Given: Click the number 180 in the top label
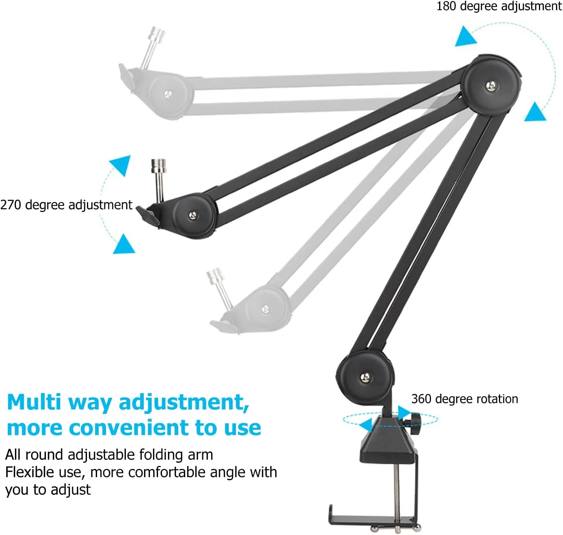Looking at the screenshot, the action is coord(446,6).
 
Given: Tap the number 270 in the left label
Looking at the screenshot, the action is coord(10,205).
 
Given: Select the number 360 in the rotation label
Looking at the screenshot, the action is coord(421,399).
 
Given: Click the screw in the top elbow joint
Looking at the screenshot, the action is coord(492,85).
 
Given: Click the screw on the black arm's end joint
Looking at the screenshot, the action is coord(193,215).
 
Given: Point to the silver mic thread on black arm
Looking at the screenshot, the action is coord(159,181).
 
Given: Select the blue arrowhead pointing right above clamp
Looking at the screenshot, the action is coord(404,413).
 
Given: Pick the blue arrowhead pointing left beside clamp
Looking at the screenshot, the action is coord(366,425).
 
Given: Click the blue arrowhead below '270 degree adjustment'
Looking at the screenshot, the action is coord(124,245).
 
